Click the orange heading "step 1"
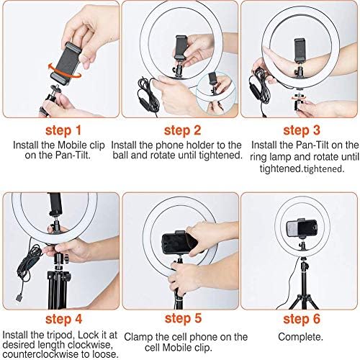63,131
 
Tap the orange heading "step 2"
182,130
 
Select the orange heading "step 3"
302,130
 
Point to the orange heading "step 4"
63,320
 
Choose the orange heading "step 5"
183,319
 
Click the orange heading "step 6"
302,319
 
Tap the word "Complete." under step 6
300,337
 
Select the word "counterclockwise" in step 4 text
42,354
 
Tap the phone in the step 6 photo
302,229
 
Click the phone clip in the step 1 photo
66,63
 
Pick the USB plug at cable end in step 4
19,297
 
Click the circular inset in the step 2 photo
215,94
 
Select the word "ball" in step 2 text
120,156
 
